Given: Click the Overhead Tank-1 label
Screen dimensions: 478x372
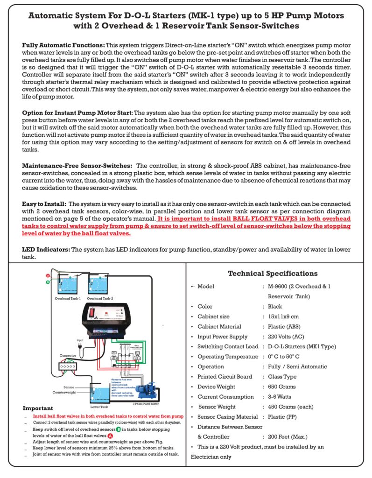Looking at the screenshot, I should tap(68, 298).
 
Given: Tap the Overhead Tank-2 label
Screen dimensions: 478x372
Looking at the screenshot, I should tap(101, 298).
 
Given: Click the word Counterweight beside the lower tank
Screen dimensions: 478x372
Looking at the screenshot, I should tap(65, 392).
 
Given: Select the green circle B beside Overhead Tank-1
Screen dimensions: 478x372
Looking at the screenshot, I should tap(48, 282).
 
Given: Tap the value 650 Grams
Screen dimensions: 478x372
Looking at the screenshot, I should tap(282, 387).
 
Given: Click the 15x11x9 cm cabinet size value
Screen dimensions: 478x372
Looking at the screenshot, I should tap(283, 316).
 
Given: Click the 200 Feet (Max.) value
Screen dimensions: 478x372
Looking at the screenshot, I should tap(288, 436).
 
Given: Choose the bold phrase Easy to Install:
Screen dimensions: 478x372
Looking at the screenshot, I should tap(44, 204).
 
